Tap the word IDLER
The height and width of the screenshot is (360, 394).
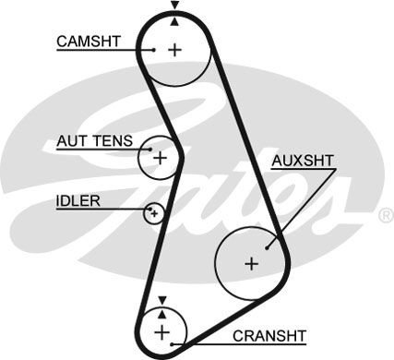[78, 200]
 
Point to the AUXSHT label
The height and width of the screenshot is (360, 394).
[303, 161]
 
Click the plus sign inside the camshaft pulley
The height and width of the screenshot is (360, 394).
[173, 49]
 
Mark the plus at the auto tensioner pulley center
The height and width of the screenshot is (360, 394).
[160, 158]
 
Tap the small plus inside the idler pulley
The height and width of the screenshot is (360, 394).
[154, 214]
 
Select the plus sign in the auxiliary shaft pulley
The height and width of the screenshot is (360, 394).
[250, 263]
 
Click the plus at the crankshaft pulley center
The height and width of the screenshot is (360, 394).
[162, 330]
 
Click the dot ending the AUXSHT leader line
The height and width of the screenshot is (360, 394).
[267, 246]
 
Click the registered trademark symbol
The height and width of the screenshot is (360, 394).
[385, 215]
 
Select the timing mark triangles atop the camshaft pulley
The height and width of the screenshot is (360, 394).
[173, 12]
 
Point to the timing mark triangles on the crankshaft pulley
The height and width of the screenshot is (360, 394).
[162, 303]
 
